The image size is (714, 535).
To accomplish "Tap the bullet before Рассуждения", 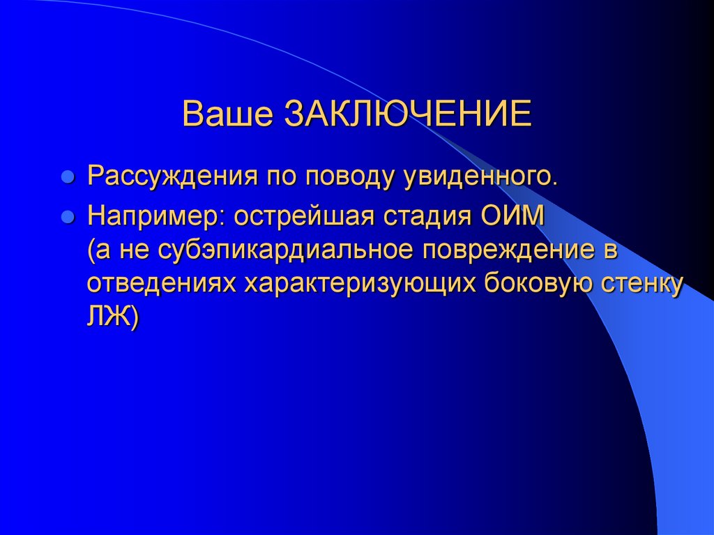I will [68, 177].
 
